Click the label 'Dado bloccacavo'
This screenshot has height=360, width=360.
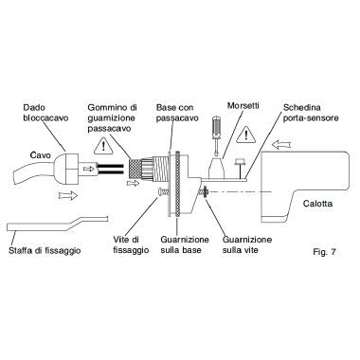[x=45, y=113]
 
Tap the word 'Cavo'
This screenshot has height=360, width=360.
[x=40, y=155]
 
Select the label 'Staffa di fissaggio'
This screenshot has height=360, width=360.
[x=45, y=251]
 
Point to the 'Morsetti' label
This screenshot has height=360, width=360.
[x=243, y=105]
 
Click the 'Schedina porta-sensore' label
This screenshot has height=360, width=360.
[x=311, y=113]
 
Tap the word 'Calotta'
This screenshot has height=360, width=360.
[x=317, y=204]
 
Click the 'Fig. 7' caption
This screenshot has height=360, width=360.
[x=324, y=252]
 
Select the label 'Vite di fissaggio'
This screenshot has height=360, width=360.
[x=131, y=244]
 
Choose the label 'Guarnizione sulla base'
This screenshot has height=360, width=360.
[x=185, y=244]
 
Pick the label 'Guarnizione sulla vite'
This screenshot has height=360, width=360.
[x=247, y=244]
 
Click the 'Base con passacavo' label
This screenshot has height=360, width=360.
[x=177, y=113]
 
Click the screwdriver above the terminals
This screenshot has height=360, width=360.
[x=216, y=135]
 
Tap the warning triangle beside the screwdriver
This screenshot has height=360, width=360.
[x=245, y=135]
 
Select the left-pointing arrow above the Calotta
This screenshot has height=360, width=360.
[x=282, y=145]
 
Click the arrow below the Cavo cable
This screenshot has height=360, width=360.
[x=68, y=195]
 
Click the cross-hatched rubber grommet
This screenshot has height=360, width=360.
[x=135, y=169]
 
